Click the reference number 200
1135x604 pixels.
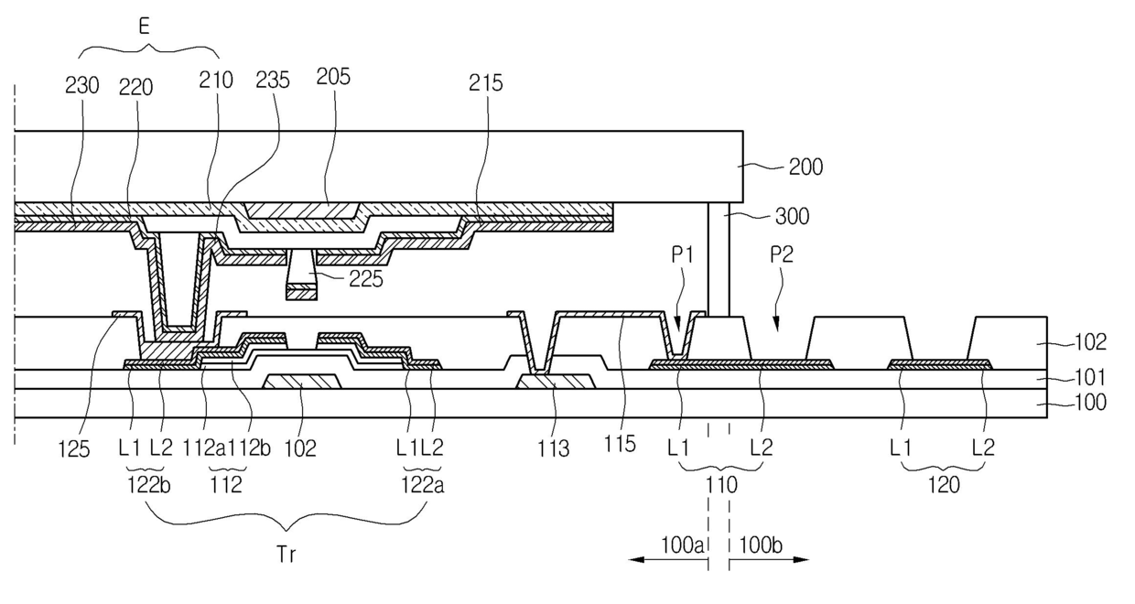805,167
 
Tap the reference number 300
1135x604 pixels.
792,216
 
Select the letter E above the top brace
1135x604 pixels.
145,26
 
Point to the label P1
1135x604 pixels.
682,255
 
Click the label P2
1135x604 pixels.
782,254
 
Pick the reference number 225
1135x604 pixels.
366,279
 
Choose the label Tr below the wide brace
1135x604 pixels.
286,554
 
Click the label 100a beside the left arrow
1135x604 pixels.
682,545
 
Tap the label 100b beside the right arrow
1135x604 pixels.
761,545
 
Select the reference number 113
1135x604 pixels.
553,448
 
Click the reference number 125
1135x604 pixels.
73,449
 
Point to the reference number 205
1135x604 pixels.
333,77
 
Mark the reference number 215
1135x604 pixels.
485,83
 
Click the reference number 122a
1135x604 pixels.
423,485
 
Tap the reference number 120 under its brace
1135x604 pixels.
944,485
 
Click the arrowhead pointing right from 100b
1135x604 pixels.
801,559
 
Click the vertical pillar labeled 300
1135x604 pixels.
719,259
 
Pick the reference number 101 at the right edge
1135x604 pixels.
1090,377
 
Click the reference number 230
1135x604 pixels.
82,86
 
